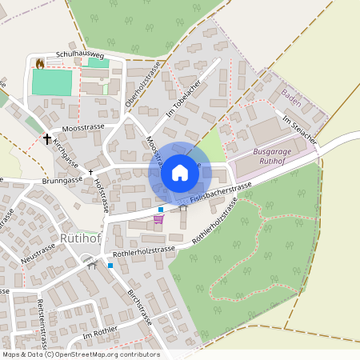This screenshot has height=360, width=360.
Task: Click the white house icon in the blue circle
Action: (180, 172)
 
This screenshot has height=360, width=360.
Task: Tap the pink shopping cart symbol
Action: (159, 218)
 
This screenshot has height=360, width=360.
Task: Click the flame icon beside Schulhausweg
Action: (40, 62)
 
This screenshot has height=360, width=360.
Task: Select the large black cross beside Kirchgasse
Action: (47, 139)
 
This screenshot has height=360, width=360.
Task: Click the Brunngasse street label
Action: (62, 181)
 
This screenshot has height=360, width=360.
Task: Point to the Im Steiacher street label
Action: (300, 130)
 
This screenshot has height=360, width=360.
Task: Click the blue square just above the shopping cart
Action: (160, 209)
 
